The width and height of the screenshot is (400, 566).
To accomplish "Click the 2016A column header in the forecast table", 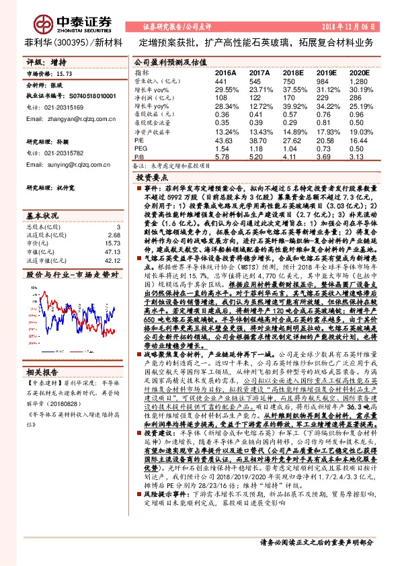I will (225, 72).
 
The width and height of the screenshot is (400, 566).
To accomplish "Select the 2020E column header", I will (360, 72).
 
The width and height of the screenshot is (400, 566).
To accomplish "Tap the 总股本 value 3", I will (118, 227).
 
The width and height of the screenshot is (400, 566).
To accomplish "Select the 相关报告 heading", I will (43, 353).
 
